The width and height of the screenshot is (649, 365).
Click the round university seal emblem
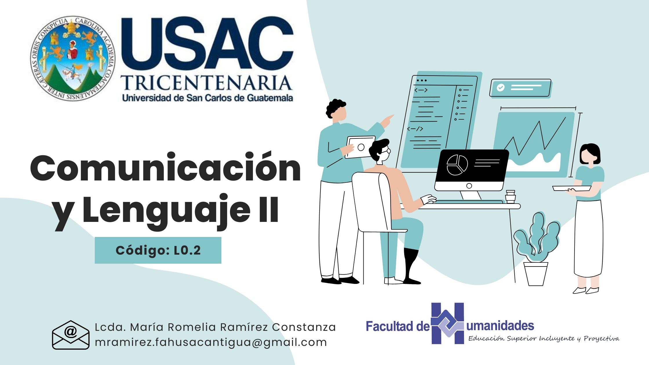[72, 59]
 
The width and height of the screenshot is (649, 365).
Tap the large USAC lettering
[207, 43]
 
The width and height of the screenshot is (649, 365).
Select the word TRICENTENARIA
[206, 83]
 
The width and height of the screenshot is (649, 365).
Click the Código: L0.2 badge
[158, 250]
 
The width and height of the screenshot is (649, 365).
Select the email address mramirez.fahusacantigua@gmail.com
[211, 342]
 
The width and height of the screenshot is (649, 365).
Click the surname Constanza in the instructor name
[304, 327]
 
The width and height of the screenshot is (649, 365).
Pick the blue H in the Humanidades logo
[448, 323]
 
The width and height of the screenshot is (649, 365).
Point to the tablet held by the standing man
[360, 147]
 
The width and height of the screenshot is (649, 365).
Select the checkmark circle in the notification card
[500, 87]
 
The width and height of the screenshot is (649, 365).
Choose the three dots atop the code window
[422, 80]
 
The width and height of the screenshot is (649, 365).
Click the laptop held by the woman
[571, 188]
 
